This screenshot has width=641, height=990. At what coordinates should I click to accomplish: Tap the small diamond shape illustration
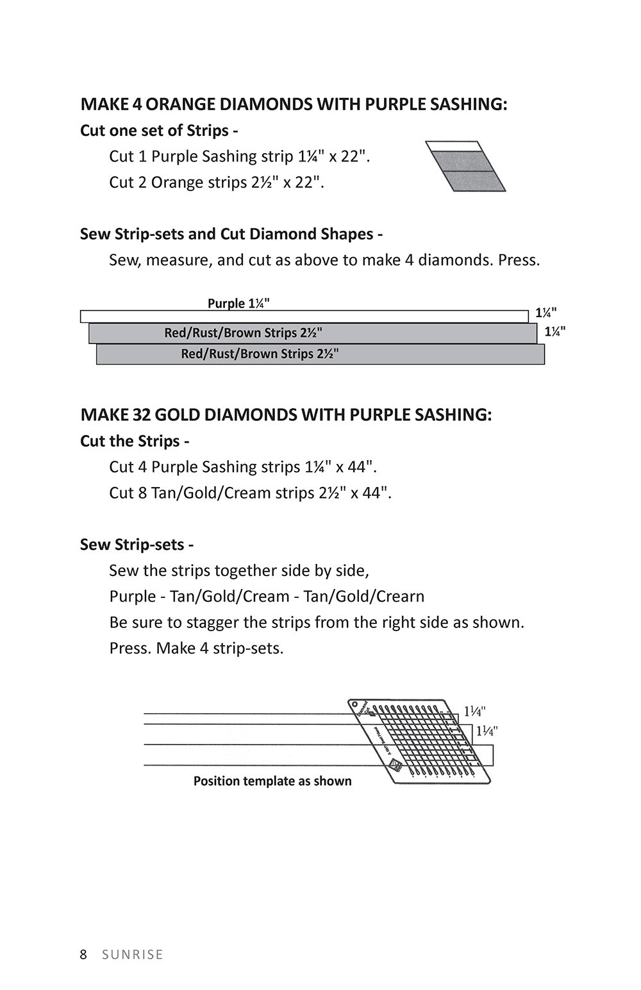pos(466,167)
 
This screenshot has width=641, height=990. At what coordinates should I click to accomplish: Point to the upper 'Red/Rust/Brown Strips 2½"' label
pos(243,333)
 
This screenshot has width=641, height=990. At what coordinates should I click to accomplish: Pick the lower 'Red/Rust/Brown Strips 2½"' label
pos(260,354)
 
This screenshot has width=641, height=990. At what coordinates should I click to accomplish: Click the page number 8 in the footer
pos(83,955)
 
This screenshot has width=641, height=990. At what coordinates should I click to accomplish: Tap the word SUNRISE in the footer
pos(133,955)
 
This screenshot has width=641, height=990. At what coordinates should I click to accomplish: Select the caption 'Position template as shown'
pos(272,781)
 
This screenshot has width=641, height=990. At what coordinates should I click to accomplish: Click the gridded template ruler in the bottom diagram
pos(420,740)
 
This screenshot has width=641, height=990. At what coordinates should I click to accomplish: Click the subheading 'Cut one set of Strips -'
pos(159,131)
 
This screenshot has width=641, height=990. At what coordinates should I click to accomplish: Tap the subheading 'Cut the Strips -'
pos(135,441)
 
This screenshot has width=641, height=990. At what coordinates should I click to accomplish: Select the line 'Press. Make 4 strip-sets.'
pos(196,648)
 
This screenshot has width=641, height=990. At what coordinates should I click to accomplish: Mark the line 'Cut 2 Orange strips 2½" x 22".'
pos(217,183)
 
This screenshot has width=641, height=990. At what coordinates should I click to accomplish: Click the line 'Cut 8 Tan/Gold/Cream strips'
pos(250,493)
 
